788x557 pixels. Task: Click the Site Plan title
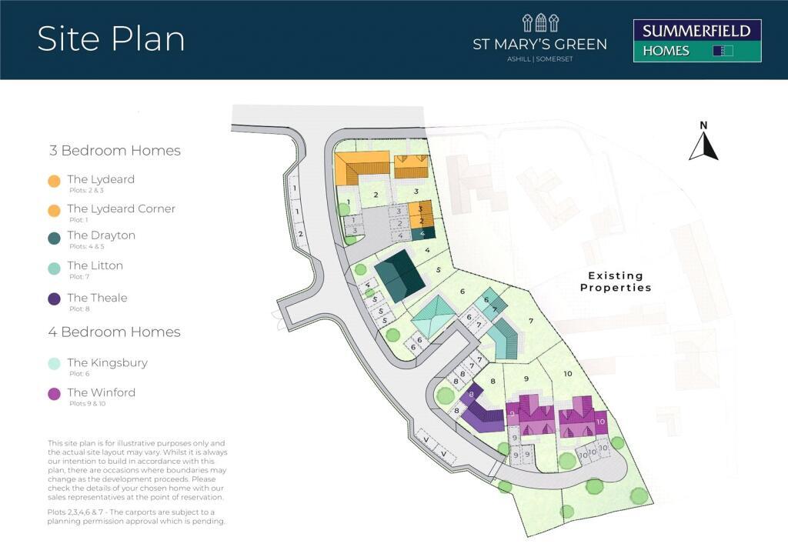(111, 39)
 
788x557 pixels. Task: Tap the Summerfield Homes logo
(696, 41)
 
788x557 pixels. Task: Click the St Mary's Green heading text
(539, 44)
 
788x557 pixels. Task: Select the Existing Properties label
(615, 282)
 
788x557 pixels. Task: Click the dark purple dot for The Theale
(54, 299)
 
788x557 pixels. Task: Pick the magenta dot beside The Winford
(54, 394)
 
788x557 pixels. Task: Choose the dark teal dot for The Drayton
(54, 238)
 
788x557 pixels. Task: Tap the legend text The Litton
(95, 265)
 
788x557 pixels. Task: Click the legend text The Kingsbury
(107, 362)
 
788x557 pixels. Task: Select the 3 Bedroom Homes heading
(115, 151)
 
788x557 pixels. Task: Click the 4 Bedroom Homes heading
(115, 332)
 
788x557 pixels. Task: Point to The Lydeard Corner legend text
(121, 208)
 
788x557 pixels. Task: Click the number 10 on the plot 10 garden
(568, 373)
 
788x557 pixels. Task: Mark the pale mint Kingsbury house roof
(435, 315)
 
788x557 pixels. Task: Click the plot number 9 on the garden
(527, 379)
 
